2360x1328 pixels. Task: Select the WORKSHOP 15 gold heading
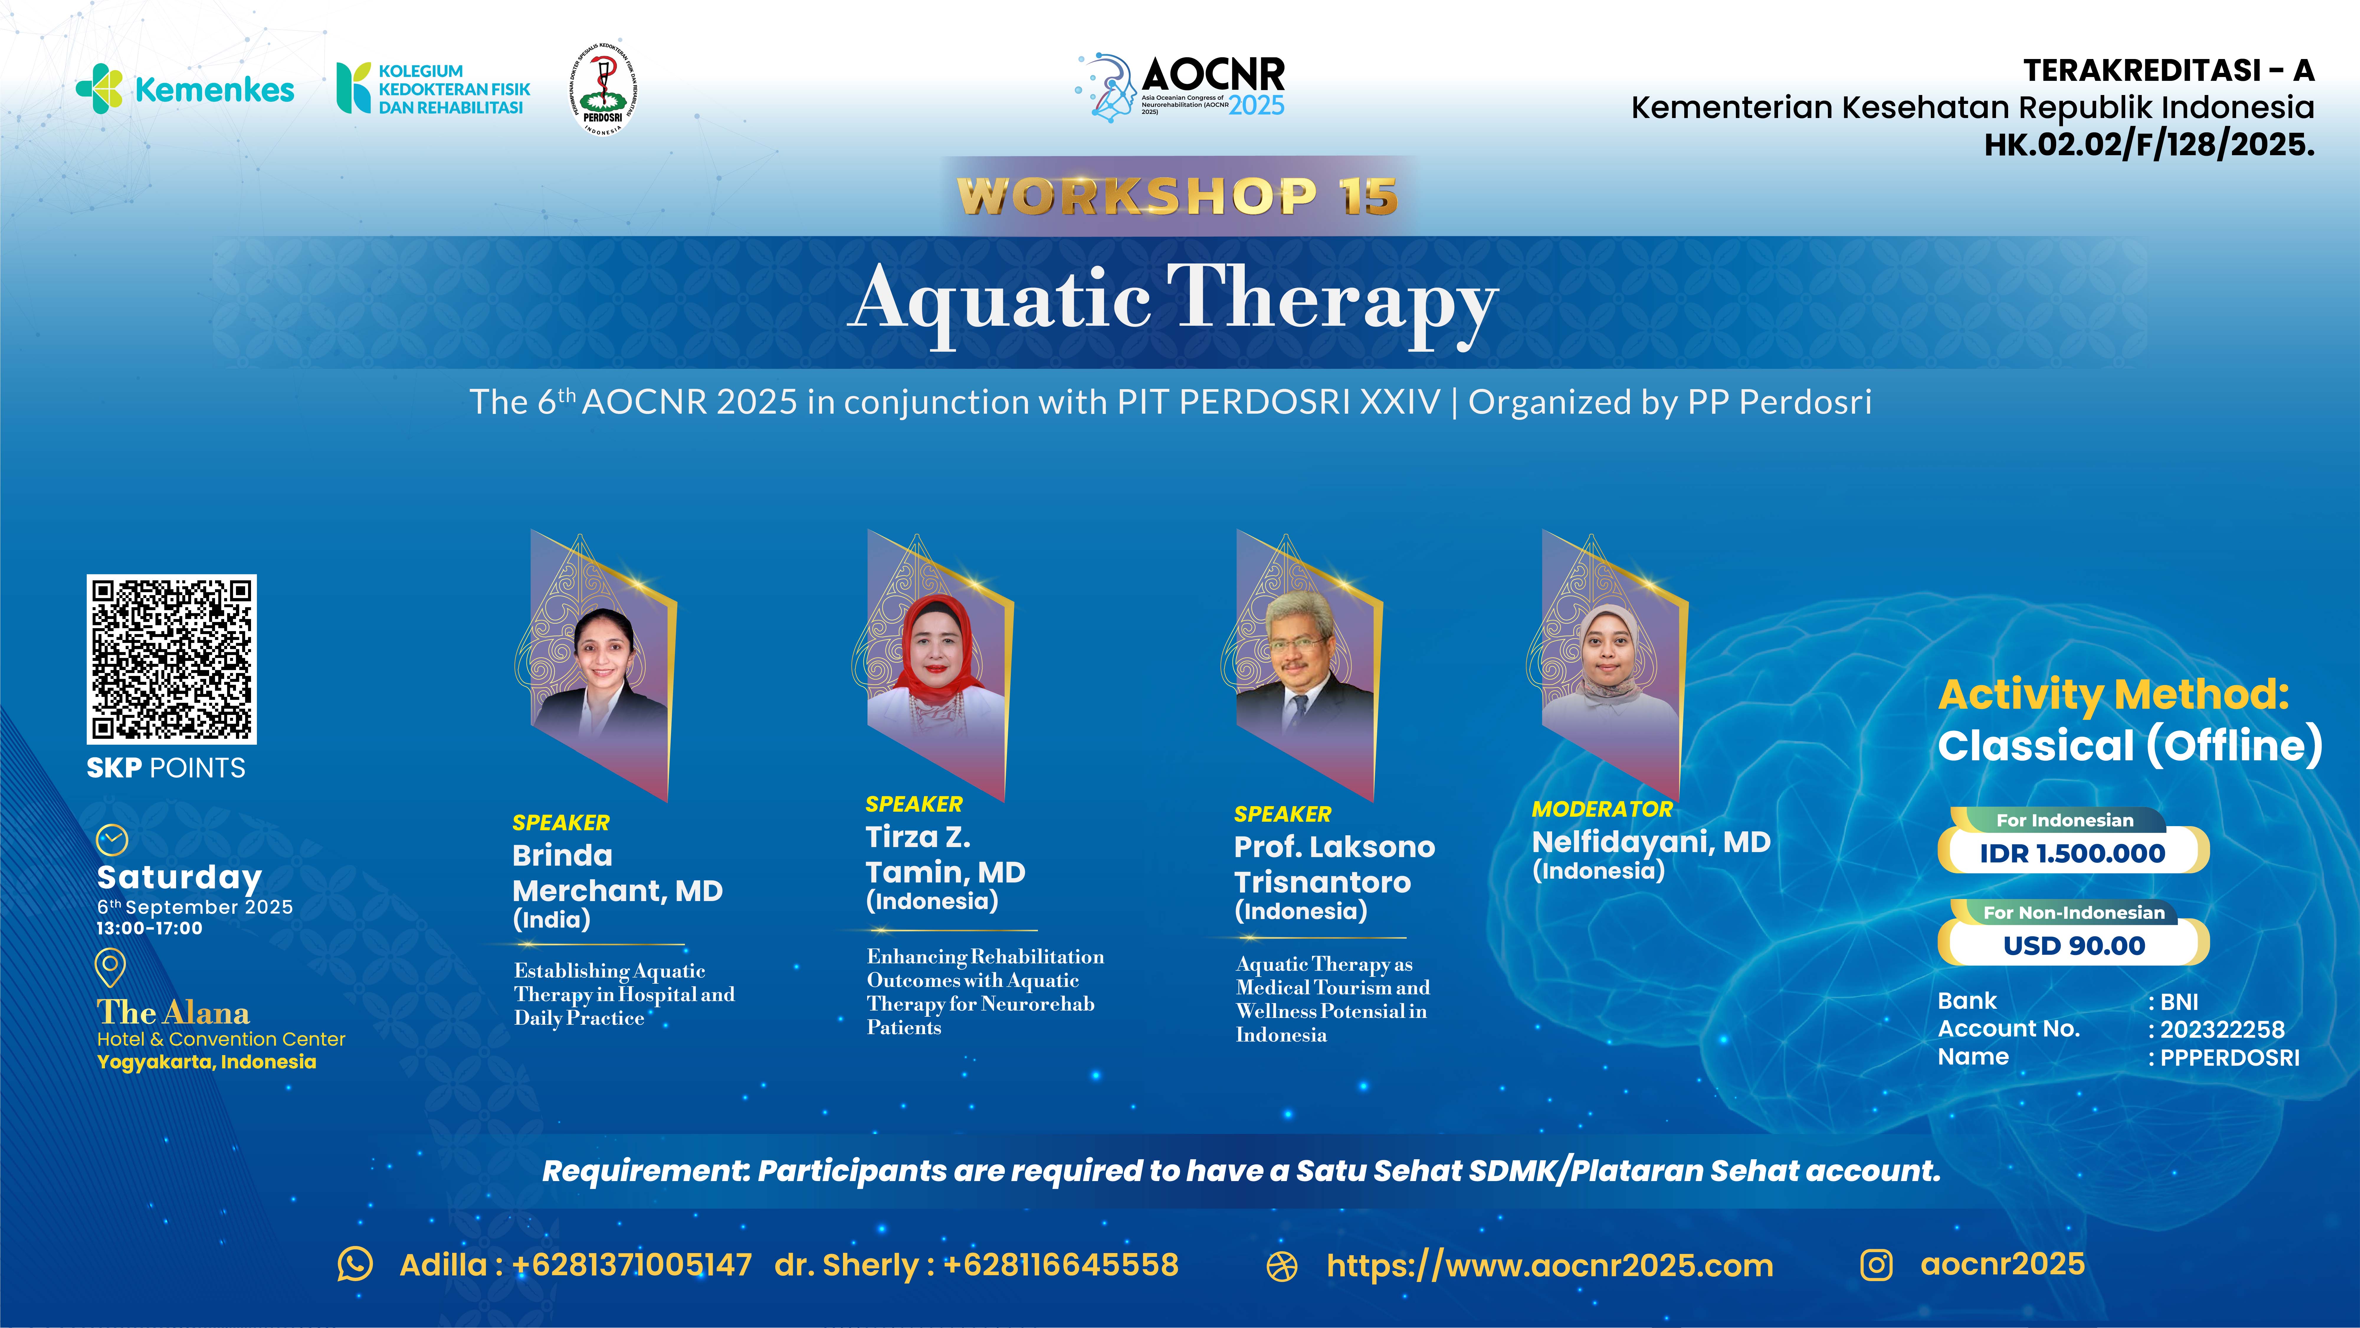click(1177, 196)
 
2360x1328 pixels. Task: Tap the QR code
click(171, 659)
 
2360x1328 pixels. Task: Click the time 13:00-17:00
click(149, 929)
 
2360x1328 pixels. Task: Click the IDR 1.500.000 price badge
click(2072, 852)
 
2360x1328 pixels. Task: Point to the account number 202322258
click(2222, 1029)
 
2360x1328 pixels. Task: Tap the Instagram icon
click(1875, 1265)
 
